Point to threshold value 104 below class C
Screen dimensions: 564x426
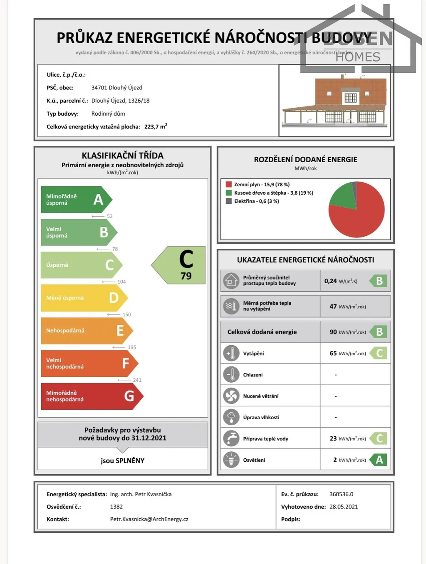pyautogui.click(x=121, y=282)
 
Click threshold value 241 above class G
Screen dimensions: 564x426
pyautogui.click(x=137, y=380)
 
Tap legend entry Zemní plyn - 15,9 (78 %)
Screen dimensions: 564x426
pyautogui.click(x=261, y=184)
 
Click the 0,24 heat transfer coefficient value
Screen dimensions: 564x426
pyautogui.click(x=330, y=281)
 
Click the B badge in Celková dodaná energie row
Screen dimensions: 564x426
pyautogui.click(x=379, y=332)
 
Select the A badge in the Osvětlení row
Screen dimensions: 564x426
pyautogui.click(x=379, y=460)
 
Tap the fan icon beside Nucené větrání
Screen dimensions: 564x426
pyautogui.click(x=231, y=396)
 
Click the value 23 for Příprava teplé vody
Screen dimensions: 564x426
pyautogui.click(x=333, y=438)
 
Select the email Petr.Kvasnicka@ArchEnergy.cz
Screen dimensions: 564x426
pyautogui.click(x=149, y=519)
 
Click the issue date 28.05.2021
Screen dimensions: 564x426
pyautogui.click(x=343, y=507)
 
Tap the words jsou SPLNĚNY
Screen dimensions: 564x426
pyautogui.click(x=122, y=460)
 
